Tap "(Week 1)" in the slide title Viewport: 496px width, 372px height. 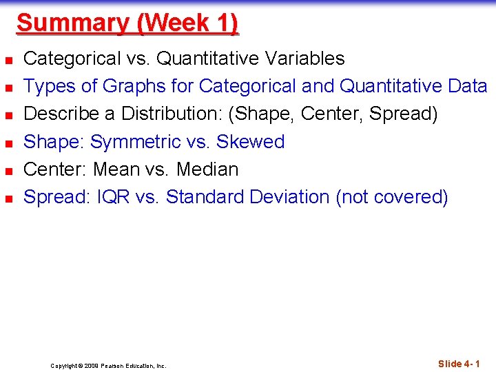[187, 23]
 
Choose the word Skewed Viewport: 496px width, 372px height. [250, 141]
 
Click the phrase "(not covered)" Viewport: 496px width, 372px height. [392, 197]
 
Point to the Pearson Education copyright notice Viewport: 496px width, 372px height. [108, 366]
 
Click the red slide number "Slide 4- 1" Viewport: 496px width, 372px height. [459, 364]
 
